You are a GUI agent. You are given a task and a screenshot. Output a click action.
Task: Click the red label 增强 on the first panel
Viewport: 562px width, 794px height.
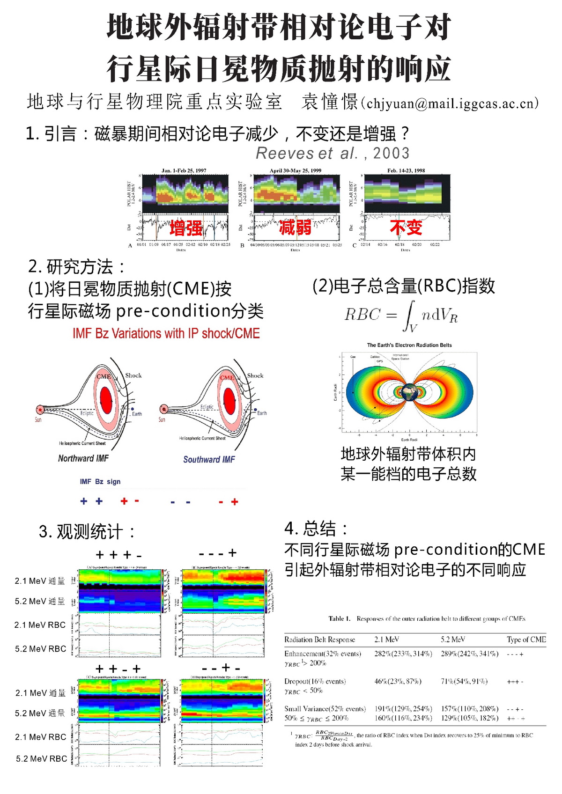click(186, 228)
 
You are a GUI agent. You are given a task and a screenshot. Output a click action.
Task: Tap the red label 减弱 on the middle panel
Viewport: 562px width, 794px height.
click(295, 228)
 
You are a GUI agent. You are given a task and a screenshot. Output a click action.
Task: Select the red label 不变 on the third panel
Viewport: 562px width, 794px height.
click(406, 228)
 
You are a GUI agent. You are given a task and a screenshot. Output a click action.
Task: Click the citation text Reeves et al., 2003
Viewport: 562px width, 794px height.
click(333, 153)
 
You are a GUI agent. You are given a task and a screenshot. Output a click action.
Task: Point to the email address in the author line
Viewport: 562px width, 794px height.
click(452, 103)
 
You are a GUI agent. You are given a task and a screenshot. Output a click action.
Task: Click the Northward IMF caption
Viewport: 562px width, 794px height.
click(83, 458)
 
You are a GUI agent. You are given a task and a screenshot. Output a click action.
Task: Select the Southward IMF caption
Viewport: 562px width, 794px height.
click(209, 460)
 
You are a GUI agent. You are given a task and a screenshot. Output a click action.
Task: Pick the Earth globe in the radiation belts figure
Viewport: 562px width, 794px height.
click(410, 392)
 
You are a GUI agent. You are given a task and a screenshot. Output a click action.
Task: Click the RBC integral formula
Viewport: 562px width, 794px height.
click(401, 315)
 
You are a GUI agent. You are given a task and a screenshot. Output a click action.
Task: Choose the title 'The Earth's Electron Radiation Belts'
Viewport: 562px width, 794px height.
click(409, 345)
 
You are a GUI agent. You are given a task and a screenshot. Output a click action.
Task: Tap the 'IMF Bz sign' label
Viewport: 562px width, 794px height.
click(100, 481)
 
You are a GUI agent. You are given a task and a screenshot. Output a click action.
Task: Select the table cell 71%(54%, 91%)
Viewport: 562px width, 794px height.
click(464, 681)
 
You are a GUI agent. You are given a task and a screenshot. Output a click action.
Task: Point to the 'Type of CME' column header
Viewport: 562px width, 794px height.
click(526, 640)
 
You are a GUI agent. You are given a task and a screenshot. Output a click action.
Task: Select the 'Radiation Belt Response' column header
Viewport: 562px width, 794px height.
click(319, 640)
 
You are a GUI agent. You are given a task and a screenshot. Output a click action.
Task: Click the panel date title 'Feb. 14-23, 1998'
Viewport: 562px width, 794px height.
click(406, 170)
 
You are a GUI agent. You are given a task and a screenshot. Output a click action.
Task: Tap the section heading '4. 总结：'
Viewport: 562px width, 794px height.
click(317, 529)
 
